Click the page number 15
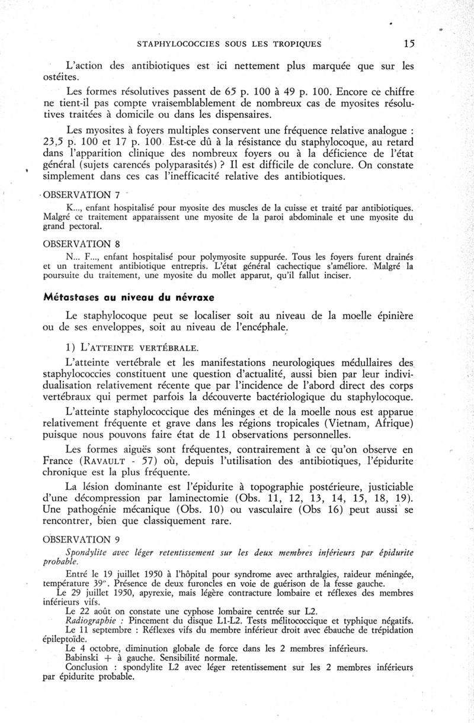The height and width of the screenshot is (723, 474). (x=408, y=43)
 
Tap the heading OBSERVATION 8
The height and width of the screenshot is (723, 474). (x=77, y=243)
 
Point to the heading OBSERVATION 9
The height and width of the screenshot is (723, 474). (x=78, y=540)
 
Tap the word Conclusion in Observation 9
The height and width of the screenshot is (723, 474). (x=90, y=668)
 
